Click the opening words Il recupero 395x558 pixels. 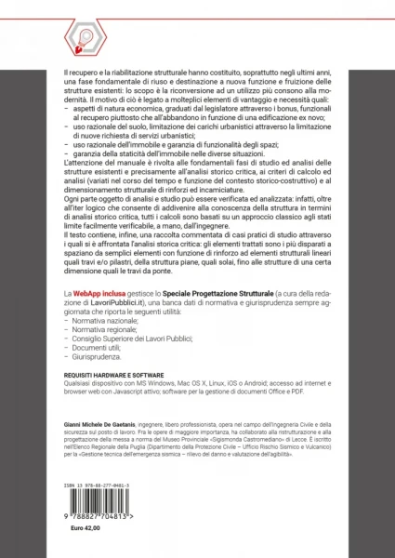coord(76,70)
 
